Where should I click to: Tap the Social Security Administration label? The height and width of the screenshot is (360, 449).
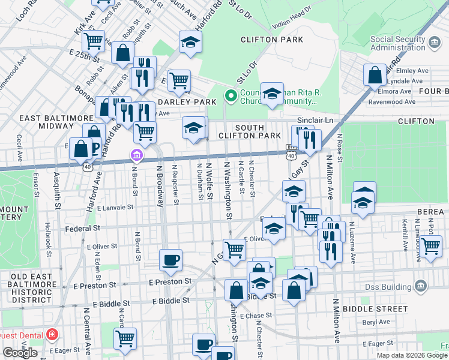click(397, 44)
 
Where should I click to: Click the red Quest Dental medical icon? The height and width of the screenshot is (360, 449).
click(52, 333)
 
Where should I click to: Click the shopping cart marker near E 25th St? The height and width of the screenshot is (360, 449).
click(93, 41)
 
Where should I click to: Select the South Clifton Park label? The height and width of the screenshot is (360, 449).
click(258, 131)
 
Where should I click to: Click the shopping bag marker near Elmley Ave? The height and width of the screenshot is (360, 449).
click(375, 76)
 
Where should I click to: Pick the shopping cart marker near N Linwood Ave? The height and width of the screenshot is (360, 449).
click(430, 245)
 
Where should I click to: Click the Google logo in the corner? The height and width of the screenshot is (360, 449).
click(20, 352)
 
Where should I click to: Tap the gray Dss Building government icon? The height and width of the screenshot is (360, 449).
click(421, 284)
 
